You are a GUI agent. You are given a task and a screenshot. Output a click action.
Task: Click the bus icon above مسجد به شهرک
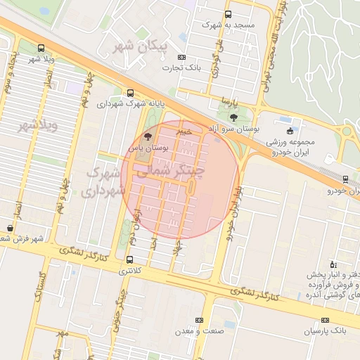pos(227,14)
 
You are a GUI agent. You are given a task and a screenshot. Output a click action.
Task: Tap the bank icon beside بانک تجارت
pos(182,58)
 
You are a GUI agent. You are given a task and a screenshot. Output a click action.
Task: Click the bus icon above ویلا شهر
pos(40,49)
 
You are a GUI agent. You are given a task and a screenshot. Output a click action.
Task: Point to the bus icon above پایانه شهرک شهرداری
pos(130,93)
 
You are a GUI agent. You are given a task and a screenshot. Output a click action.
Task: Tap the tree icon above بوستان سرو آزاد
pos(233,117)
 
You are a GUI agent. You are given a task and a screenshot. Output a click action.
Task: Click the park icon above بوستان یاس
pos(147,136)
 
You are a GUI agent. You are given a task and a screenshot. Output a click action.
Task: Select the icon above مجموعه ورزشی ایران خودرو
pos(290,130)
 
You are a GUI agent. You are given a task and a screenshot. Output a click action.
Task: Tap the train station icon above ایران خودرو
pos(345,179)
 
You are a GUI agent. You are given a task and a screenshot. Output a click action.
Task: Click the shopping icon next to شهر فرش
pos(9,228)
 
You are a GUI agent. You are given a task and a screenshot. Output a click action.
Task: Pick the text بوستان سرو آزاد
pos(244,129)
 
